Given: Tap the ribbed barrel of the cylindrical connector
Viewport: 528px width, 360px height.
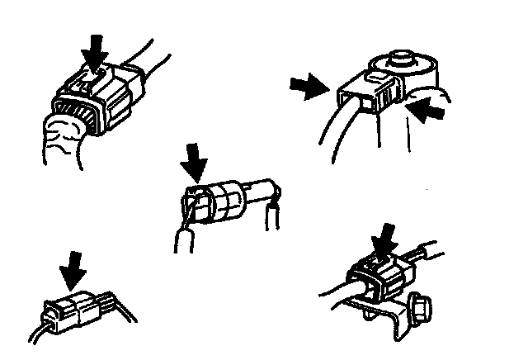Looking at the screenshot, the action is coord(221,202).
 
